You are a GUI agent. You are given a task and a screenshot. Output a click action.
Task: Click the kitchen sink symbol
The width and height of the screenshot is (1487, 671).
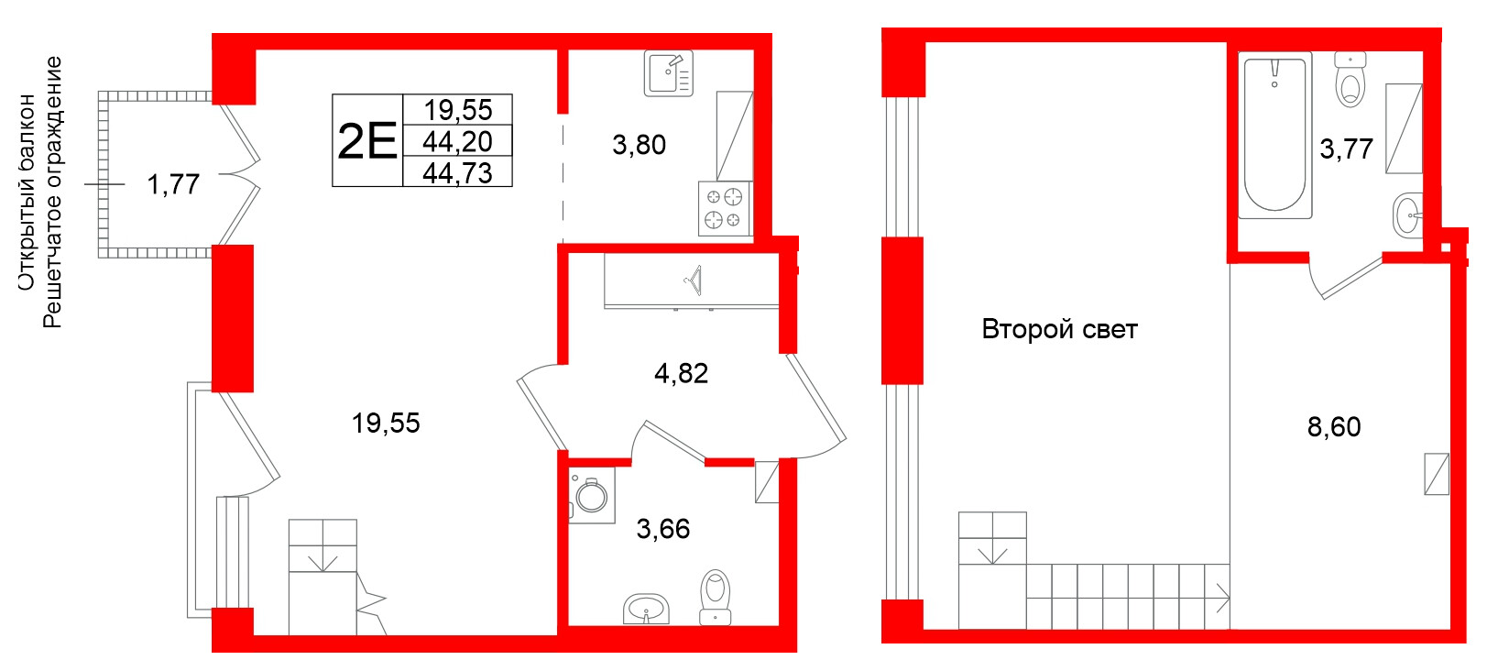click(x=669, y=73)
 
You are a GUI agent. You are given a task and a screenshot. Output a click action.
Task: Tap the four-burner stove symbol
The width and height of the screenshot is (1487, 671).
click(x=724, y=208)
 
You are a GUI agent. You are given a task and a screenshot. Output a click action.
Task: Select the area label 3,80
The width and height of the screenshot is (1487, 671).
click(x=639, y=145)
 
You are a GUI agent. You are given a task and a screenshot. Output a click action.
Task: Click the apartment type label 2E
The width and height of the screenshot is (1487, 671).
click(x=366, y=141)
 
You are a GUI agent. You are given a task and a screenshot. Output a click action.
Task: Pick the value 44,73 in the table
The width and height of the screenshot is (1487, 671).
click(x=457, y=172)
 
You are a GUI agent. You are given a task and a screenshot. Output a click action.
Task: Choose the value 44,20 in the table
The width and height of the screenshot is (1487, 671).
click(x=457, y=141)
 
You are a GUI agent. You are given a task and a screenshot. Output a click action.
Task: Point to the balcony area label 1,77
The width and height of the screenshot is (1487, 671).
click(x=173, y=184)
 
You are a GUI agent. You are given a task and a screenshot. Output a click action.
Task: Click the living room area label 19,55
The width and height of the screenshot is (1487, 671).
click(x=386, y=423)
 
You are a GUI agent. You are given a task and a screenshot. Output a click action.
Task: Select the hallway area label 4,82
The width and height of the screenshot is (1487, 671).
click(x=681, y=373)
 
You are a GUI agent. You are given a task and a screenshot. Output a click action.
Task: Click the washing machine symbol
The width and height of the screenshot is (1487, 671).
click(x=591, y=496)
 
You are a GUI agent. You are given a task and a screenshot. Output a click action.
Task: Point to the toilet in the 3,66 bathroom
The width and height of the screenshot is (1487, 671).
click(x=715, y=597)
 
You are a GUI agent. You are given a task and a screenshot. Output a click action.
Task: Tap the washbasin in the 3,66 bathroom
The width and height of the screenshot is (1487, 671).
click(x=647, y=608)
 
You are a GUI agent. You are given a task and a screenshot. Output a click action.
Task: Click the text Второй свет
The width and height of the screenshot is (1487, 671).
click(x=1059, y=329)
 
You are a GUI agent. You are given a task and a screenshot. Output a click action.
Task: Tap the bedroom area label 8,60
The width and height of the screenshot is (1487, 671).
click(x=1333, y=426)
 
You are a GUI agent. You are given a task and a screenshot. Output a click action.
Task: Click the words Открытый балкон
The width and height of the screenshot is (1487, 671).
click(x=27, y=192)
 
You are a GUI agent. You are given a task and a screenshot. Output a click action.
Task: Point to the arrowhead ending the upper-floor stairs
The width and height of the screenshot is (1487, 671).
click(x=1222, y=601)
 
